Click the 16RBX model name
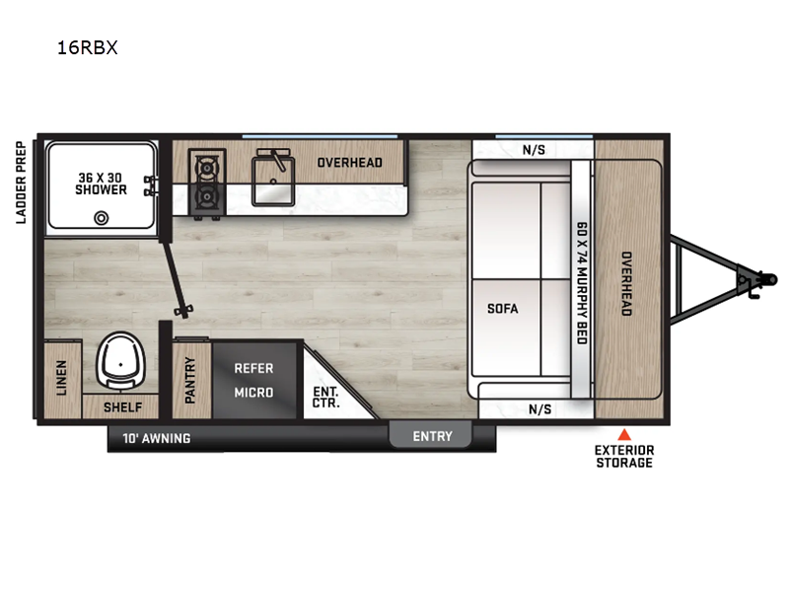click(88, 47)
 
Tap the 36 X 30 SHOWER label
click(103, 184)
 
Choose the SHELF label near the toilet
click(123, 407)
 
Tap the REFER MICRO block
click(253, 380)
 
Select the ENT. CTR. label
click(326, 397)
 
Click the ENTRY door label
click(432, 435)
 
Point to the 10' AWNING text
click(157, 437)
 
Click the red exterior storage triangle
click(623, 434)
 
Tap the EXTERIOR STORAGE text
click(623, 456)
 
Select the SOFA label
click(502, 308)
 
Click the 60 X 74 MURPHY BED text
click(580, 281)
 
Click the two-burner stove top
click(207, 183)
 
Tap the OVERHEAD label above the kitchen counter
click(349, 162)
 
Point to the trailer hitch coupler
click(753, 281)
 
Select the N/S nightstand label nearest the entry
click(538, 408)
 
